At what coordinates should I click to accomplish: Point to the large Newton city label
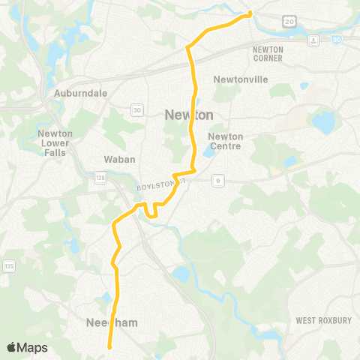point(188,115)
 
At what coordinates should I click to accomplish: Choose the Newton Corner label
point(268,53)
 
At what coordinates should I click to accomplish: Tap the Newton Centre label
point(226,141)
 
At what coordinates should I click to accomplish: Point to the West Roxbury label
point(323,320)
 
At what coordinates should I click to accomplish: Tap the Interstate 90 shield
point(334,38)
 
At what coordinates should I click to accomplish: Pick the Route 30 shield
point(136,110)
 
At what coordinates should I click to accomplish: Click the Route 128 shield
point(121,176)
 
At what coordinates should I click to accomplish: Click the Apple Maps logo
point(27,347)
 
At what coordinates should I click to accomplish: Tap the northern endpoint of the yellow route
point(250,13)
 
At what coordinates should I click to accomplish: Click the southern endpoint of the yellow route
point(110,346)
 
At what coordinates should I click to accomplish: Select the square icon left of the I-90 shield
point(313,39)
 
